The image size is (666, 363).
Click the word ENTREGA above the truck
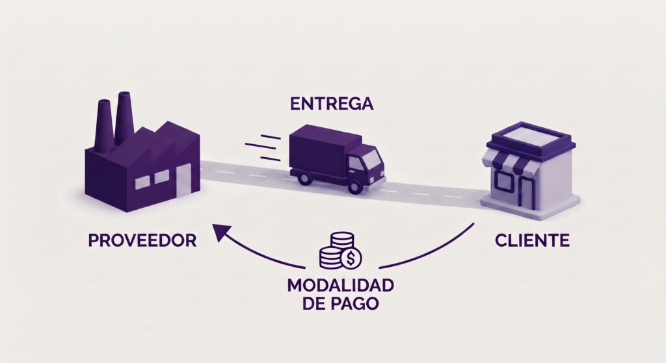pyautogui.click(x=332, y=104)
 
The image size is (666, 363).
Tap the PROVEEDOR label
pyautogui.click(x=142, y=241)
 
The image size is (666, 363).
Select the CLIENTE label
pyautogui.click(x=532, y=241)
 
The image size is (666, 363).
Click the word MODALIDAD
pyautogui.click(x=341, y=285)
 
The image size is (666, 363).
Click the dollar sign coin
pyautogui.click(x=351, y=257)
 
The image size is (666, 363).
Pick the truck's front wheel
pyautogui.click(x=354, y=186)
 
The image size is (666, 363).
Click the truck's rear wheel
pyautogui.click(x=305, y=177)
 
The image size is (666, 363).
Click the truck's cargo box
pyautogui.click(x=319, y=150)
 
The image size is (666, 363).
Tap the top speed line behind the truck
pyautogui.click(x=271, y=137)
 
